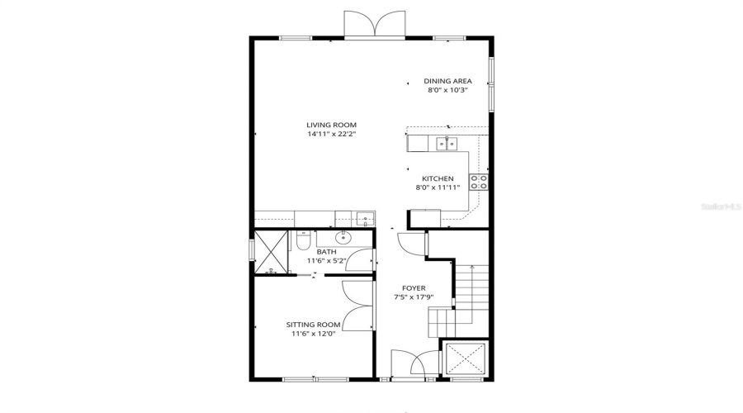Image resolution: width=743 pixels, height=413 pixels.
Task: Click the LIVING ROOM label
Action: (x=331, y=125)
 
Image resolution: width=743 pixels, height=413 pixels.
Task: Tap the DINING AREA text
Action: (x=448, y=81)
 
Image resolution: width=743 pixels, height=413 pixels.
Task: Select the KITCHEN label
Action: (x=438, y=178)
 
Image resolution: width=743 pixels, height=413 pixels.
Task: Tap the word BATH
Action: (x=326, y=252)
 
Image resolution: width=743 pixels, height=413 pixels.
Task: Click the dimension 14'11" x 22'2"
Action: (x=331, y=134)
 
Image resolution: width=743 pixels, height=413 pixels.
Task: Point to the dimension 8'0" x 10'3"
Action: (x=448, y=90)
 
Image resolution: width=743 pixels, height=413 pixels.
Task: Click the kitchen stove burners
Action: (x=478, y=183)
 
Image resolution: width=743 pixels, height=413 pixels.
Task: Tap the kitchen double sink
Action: (x=447, y=145)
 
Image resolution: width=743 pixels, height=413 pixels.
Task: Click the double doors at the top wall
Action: (x=376, y=25)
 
